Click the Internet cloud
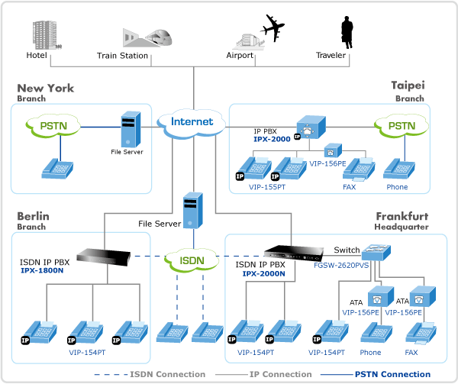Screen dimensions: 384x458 pos(192,122)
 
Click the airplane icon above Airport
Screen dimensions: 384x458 pos(273,28)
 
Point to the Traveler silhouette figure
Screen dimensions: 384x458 pos(346,31)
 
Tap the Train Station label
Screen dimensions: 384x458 pos(122,56)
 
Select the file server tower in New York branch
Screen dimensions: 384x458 pos(131,129)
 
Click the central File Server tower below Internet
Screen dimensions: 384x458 pos(190,209)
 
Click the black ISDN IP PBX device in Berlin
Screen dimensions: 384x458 pos(107,256)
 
